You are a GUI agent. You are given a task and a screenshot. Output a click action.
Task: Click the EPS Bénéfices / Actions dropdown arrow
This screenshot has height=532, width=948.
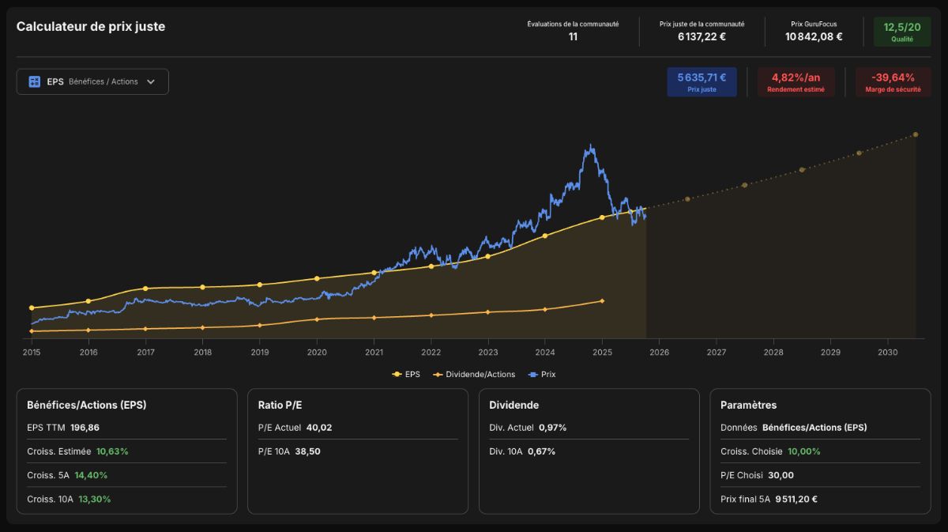pyautogui.click(x=151, y=81)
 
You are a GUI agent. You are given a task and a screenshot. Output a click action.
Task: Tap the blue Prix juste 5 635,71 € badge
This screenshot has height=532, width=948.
pyautogui.click(x=702, y=81)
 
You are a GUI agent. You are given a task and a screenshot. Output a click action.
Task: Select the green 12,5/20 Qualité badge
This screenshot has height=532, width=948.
pyautogui.click(x=902, y=32)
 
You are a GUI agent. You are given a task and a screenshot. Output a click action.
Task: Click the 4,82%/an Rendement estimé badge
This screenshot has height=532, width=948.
pyautogui.click(x=796, y=81)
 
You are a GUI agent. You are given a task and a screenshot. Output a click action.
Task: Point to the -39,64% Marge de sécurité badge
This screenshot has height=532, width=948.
pyautogui.click(x=893, y=81)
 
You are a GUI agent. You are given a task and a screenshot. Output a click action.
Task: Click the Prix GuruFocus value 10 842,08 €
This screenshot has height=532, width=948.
pyautogui.click(x=814, y=37)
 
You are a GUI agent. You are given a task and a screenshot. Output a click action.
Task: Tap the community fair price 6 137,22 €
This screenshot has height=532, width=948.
pyautogui.click(x=702, y=37)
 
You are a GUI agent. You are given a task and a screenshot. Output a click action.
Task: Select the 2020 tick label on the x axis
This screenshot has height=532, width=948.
pyautogui.click(x=317, y=352)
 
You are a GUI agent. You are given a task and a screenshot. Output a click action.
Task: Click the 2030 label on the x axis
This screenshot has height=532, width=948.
pyautogui.click(x=887, y=352)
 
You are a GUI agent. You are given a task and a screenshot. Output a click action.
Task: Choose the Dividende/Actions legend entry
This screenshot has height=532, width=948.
pyautogui.click(x=475, y=375)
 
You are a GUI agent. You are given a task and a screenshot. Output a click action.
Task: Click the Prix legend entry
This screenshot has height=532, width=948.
pyautogui.click(x=542, y=375)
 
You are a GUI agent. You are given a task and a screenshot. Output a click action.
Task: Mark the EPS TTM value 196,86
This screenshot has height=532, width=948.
pyautogui.click(x=85, y=428)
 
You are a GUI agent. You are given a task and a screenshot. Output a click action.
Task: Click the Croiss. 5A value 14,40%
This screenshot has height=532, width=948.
pyautogui.click(x=91, y=475)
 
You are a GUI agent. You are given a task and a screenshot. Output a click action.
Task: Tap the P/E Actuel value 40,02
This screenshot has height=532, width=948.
pyautogui.click(x=319, y=428)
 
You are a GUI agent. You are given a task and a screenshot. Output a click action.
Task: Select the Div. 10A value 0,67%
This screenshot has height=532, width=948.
pyautogui.click(x=541, y=451)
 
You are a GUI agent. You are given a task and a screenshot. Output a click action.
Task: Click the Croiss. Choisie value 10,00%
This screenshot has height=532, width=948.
pyautogui.click(x=803, y=451)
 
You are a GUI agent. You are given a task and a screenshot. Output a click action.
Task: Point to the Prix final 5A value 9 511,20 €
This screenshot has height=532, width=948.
pyautogui.click(x=796, y=500)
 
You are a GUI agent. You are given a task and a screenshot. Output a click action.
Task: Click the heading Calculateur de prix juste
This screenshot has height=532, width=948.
pyautogui.click(x=91, y=27)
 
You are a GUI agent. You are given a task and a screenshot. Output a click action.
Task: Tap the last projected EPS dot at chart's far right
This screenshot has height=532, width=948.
pyautogui.click(x=916, y=134)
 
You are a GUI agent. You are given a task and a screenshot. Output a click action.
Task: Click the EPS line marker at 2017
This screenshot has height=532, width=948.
pyautogui.click(x=145, y=289)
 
